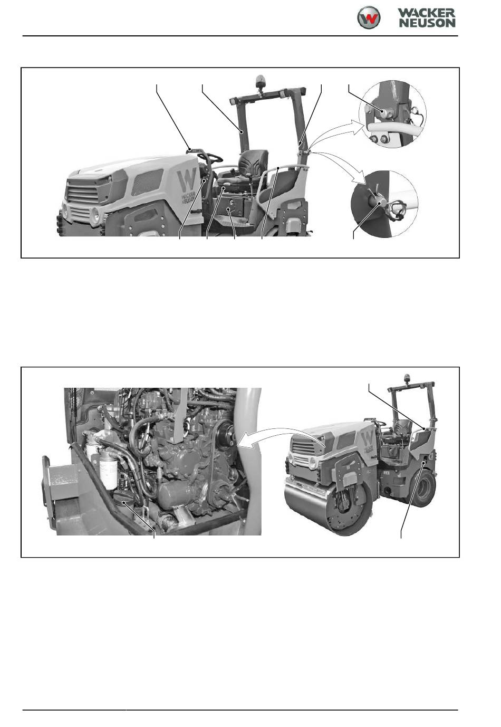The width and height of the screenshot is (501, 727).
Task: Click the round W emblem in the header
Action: click(369, 17)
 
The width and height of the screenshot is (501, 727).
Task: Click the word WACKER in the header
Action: click(426, 13)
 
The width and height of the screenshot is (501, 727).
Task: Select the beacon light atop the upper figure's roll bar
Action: click(259, 82)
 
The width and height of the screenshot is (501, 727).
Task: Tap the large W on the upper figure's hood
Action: click(187, 179)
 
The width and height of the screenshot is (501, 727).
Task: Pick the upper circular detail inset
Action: click(392, 113)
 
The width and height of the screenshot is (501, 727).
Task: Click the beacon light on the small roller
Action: click(406, 378)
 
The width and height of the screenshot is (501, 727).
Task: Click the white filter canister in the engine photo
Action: click(108, 467)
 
